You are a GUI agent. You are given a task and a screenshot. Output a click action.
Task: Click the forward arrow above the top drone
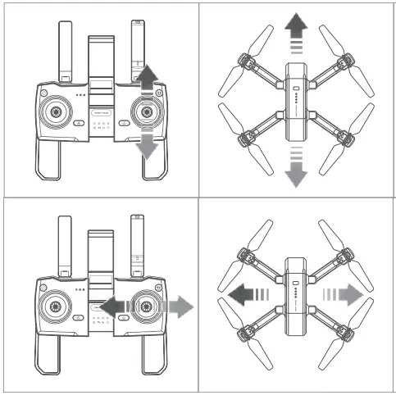coord(296,34)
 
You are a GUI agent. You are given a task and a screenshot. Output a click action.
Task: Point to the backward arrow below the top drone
coord(296,168)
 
